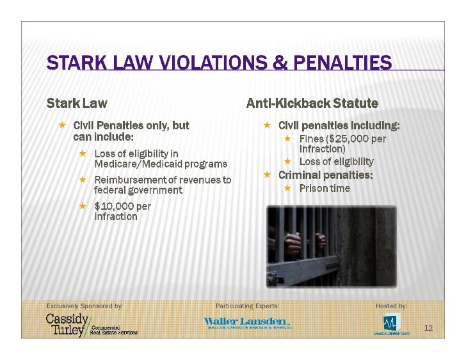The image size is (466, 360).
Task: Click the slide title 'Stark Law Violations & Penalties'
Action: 218,63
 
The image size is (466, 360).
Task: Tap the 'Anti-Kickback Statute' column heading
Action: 312,103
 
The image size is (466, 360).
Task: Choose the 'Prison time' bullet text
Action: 325,188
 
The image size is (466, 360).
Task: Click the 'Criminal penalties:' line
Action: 325,175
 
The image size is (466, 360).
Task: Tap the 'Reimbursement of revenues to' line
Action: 163,180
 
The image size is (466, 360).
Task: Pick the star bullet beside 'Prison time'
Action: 288,188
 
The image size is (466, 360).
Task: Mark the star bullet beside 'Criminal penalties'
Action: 268,175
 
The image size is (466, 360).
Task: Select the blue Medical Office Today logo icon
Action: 390,321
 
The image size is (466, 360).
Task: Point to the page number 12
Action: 428,328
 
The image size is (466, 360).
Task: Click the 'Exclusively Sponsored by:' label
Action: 84,306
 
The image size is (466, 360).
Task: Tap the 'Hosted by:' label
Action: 391,306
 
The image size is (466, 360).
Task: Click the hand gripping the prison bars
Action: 292,242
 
